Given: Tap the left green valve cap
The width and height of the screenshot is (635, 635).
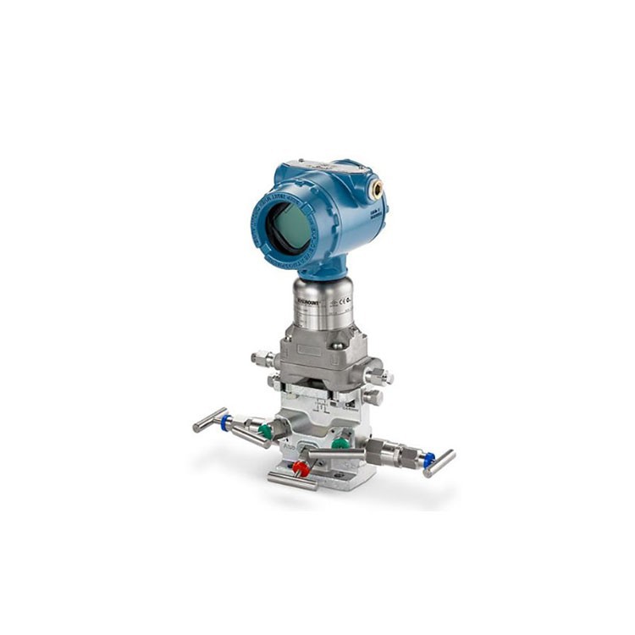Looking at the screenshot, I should click(x=266, y=432).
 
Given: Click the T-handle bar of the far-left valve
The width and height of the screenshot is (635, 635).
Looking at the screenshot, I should click(x=208, y=419).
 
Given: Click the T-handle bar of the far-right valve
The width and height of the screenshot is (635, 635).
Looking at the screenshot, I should click(x=439, y=463).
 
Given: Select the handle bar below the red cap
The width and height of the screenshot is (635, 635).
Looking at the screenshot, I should click(x=292, y=481).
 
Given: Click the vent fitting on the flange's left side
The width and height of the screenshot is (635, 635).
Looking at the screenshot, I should click(x=260, y=359).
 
